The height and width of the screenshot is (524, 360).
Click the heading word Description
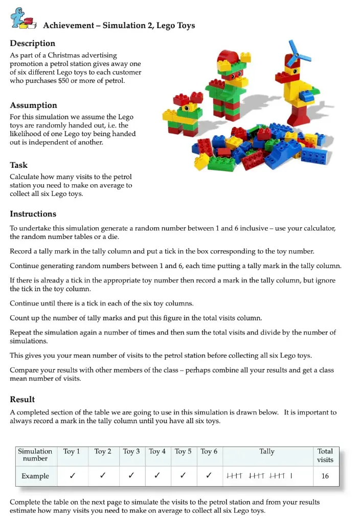33,43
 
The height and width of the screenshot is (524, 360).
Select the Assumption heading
34,105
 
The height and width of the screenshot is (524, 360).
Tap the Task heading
19,165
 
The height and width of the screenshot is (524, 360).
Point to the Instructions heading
33,214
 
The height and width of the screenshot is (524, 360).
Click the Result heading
22,399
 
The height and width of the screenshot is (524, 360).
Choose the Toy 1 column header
72,451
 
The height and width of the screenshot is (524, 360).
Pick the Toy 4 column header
157,451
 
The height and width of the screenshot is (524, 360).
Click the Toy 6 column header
209,451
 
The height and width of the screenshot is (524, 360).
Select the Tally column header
267,451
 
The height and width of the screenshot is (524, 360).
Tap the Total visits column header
325,455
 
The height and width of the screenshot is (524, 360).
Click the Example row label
35,476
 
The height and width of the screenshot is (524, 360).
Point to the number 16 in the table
325,476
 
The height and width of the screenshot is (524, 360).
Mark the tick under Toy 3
131,476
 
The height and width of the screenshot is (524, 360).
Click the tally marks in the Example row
259,476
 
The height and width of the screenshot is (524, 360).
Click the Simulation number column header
35,455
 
